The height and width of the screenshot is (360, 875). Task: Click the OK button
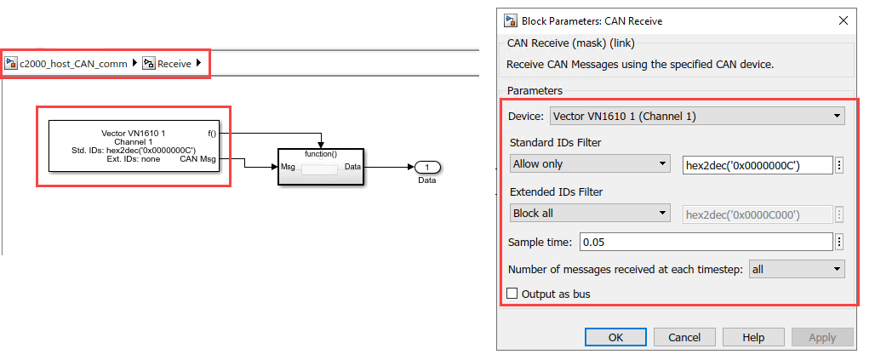coord(615,337)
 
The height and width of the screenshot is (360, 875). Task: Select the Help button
coord(752,337)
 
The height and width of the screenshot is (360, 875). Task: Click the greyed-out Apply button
coord(822,337)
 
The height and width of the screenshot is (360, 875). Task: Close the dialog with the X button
coord(844,21)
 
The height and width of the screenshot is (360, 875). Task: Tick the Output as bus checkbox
coord(512,294)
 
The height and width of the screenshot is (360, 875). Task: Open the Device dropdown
coord(697,116)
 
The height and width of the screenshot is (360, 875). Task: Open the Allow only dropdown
coord(590,164)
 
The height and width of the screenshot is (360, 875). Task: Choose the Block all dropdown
coord(590,214)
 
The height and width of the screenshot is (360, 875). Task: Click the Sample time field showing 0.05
coord(706,243)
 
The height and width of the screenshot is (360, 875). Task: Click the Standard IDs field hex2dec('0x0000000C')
coord(758,164)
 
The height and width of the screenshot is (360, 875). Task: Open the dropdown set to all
coord(797,269)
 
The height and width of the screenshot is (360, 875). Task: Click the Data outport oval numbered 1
coord(427,167)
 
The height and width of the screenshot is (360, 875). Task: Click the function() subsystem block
coord(321,166)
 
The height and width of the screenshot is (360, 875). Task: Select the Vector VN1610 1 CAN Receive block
coord(134,146)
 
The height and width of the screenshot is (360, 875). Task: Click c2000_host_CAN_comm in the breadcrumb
coord(73,64)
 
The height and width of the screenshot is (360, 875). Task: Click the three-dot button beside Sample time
coord(839,243)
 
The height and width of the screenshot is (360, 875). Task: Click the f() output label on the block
coord(211,134)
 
